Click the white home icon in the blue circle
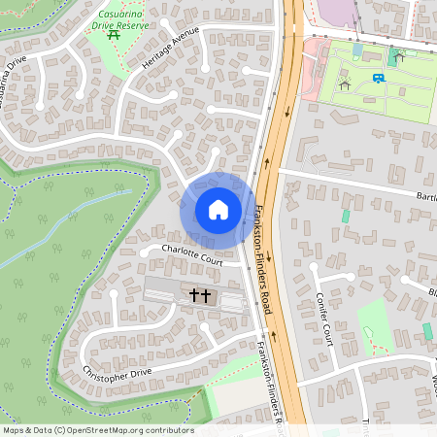pyautogui.click(x=218, y=209)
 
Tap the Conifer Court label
pyautogui.click(x=324, y=318)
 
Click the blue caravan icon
pyautogui.click(x=378, y=78)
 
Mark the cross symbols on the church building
pyautogui.click(x=200, y=293)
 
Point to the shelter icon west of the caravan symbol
pyautogui.click(x=344, y=85)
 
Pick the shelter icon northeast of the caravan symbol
pyautogui.click(x=398, y=56)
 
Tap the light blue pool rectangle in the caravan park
pyautogui.click(x=357, y=50)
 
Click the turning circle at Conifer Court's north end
pyautogui.click(x=314, y=264)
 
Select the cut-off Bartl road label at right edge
pyautogui.click(x=425, y=194)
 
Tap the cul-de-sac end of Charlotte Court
pyautogui.click(x=143, y=252)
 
